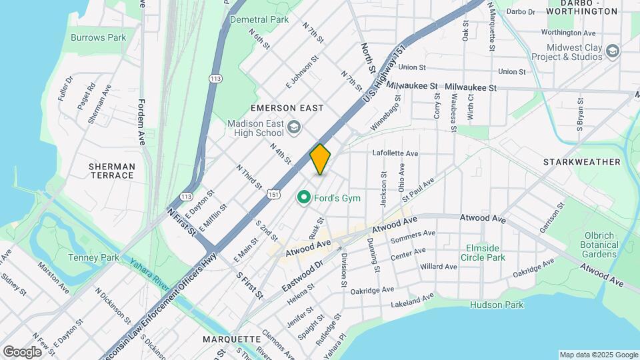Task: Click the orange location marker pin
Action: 321,159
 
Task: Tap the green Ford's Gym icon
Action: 304,197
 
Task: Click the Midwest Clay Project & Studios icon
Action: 612,51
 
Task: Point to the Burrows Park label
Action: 98,38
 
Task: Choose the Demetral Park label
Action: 259,20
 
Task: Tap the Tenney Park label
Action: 93,257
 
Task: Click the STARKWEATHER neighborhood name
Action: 581,162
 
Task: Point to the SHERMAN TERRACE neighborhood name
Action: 111,171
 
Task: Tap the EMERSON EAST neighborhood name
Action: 287,108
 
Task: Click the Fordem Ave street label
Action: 141,123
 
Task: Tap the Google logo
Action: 22,351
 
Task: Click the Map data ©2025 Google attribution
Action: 599,355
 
